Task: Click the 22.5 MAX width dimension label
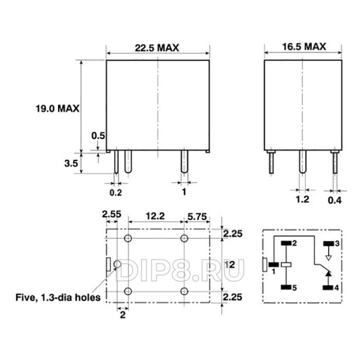point(157,48)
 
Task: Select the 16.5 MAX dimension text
point(304,47)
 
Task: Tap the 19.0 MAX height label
point(58,109)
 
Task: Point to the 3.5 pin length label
point(71,164)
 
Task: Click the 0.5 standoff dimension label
point(98,136)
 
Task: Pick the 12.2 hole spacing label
point(155,216)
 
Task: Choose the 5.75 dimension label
point(197,217)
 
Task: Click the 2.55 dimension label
point(112,214)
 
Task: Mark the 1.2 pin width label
point(302,200)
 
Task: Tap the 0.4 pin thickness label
point(334,201)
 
